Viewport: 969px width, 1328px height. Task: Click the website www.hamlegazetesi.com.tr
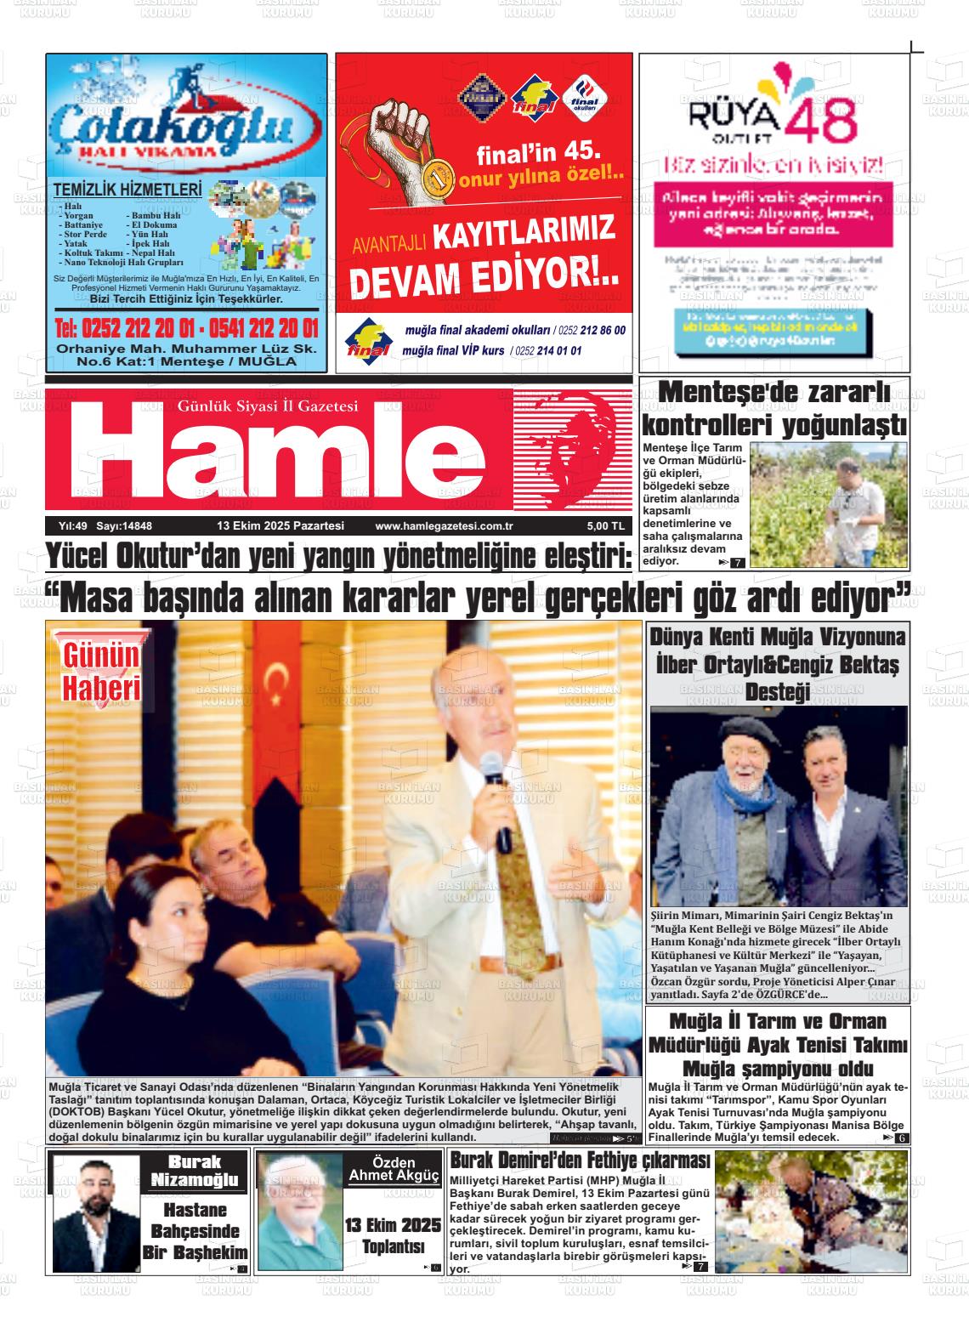click(438, 526)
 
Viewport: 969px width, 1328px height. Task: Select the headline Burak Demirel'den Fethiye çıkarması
click(579, 1161)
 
